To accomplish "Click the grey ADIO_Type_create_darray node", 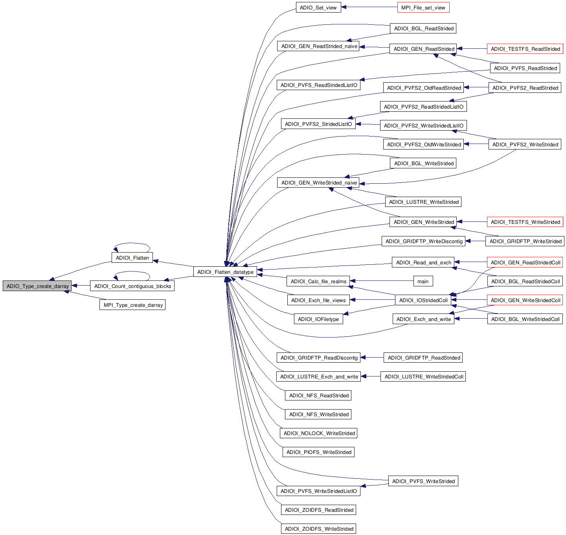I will click(37, 286).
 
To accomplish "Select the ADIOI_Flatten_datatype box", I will click(225, 272).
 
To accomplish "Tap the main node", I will click(423, 281).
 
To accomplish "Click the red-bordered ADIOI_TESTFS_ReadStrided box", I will click(525, 49).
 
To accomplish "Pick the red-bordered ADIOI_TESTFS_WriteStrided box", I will click(525, 222).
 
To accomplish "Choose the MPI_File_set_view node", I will click(423, 7).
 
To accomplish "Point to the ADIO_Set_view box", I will click(318, 7).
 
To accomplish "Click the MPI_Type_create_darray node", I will click(133, 305).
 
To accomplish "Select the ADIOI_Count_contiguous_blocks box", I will click(132, 286).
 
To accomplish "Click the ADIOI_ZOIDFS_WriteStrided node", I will click(319, 529).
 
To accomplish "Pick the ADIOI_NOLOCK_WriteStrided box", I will click(319, 433).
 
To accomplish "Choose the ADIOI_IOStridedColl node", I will click(423, 300).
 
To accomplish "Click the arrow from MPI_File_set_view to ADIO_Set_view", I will click(369, 7).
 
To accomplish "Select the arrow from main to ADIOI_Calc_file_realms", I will click(381, 281).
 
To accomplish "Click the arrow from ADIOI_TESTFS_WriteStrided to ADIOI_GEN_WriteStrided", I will click(472, 222).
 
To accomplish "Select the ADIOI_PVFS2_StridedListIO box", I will click(318, 124).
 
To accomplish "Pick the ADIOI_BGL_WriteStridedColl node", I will click(525, 319).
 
